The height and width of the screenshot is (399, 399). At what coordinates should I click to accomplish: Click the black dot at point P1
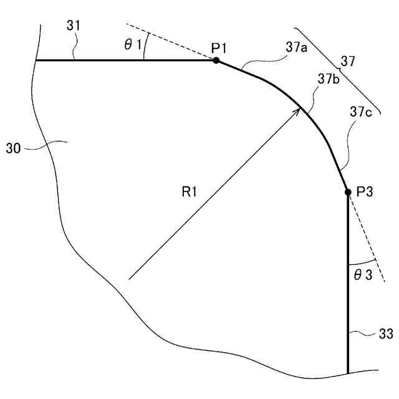[216, 60]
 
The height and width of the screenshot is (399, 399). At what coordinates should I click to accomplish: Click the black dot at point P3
[348, 193]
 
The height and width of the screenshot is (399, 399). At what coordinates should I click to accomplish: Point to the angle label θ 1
[133, 45]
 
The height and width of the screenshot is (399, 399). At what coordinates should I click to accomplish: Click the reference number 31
[74, 27]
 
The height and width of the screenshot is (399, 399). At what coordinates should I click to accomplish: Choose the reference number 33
[385, 335]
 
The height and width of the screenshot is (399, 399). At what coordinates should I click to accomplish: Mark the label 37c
[362, 112]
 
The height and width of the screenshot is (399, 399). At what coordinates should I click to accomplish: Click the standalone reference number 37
[348, 60]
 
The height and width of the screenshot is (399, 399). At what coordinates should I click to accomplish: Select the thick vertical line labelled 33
[348, 281]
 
